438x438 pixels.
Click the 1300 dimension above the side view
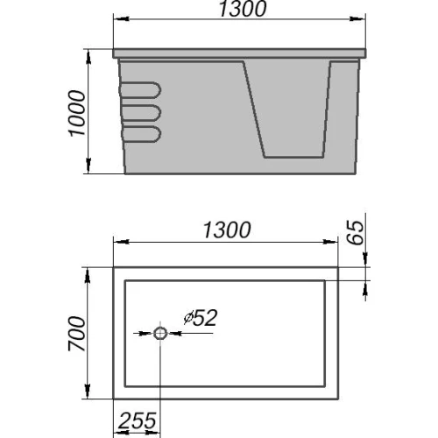243,9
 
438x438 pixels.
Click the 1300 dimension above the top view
227,230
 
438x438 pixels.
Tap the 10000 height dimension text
77,113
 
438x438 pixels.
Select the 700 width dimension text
77,334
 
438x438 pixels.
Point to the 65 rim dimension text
356,233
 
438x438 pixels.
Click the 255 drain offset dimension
137,420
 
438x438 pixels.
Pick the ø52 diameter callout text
201,318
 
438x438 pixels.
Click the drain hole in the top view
160,333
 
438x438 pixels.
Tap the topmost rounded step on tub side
140,90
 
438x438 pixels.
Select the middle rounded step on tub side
141,113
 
